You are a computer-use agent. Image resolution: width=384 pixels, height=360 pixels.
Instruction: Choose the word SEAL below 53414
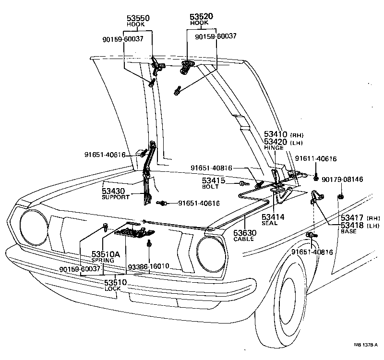[270, 223]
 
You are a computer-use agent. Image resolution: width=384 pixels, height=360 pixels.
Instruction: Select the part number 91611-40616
[315, 158]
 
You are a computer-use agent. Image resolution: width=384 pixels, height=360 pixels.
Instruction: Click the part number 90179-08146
[342, 180]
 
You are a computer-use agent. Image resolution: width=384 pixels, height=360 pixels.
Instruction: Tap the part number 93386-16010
[149, 265]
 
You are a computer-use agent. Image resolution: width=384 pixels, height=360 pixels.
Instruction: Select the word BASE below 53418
[348, 231]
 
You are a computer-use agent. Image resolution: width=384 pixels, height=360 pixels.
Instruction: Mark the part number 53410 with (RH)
[275, 134]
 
